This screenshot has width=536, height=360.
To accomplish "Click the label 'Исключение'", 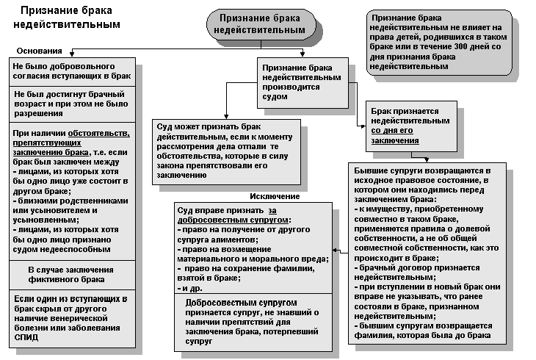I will pyautogui.click(x=275, y=196).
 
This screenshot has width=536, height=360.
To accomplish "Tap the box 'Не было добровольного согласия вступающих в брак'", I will pyautogui.click(x=71, y=71).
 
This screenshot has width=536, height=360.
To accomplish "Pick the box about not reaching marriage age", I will pyautogui.click(x=71, y=104).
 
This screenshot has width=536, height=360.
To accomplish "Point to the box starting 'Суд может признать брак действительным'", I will pyautogui.click(x=225, y=151).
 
